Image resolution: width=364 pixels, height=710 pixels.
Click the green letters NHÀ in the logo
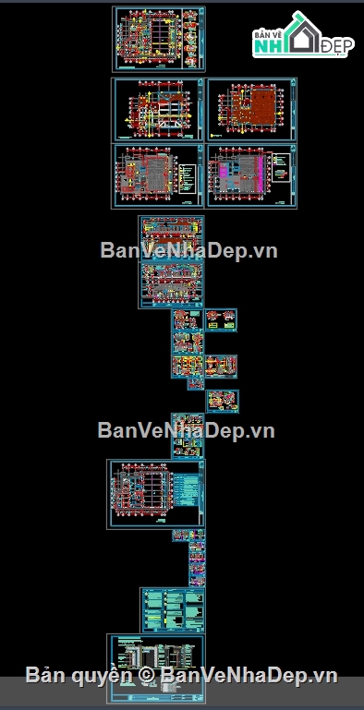(268, 45)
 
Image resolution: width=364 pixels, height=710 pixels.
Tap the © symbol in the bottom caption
(145, 676)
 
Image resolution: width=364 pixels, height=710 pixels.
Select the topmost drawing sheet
(159, 39)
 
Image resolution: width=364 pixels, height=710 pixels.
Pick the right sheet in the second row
(251, 109)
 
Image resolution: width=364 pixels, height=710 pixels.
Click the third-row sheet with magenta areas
(251, 175)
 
